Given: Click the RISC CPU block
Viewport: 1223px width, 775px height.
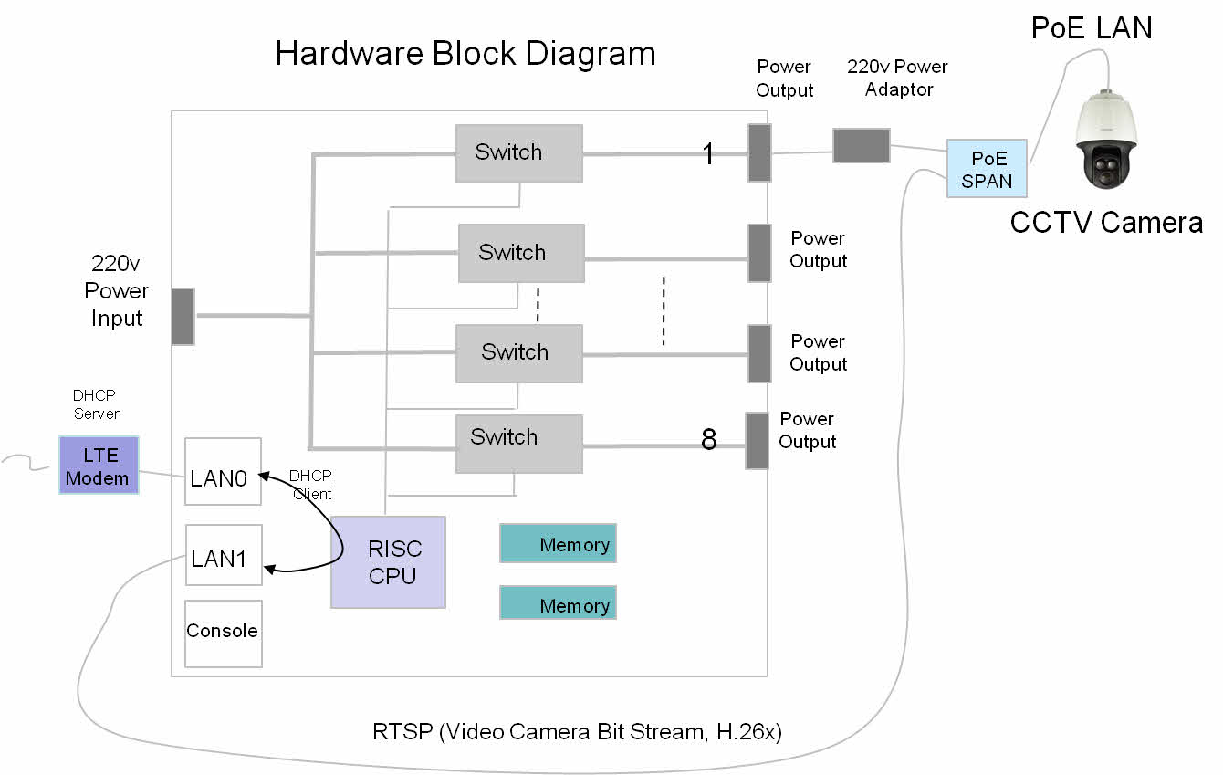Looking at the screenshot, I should coord(388,562).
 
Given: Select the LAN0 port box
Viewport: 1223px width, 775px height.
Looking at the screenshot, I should coord(223,472).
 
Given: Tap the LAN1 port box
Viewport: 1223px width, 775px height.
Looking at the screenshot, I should coord(223,555).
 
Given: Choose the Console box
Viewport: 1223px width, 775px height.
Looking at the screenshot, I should coord(223,633).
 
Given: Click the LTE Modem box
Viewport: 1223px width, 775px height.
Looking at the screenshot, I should coord(99,466).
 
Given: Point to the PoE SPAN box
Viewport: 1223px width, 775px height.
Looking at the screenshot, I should coord(987,169).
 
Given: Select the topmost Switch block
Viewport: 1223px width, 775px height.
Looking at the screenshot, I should coord(518,152).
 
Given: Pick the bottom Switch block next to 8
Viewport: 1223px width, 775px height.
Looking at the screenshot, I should coord(518,444).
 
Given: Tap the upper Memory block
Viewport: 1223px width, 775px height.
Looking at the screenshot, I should coord(558,544).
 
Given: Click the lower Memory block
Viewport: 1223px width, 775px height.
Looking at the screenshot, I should coord(558,603).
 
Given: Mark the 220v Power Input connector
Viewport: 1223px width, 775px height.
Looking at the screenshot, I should coord(183,316).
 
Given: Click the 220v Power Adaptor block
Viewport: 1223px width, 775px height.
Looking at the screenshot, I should coord(861,145).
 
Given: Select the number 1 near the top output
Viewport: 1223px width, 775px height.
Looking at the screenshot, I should coord(708,154).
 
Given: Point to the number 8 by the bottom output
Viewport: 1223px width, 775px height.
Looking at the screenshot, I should coord(709,441).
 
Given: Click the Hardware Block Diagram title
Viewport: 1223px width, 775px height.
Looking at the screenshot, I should coord(465,54).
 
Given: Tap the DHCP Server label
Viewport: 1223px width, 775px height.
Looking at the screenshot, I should coord(96,404).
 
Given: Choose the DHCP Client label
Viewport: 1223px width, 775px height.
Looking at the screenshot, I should coord(310,485).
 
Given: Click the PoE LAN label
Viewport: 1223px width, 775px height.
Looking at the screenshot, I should coord(1092,28).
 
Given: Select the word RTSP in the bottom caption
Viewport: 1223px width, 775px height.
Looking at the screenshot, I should coord(402,731).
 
